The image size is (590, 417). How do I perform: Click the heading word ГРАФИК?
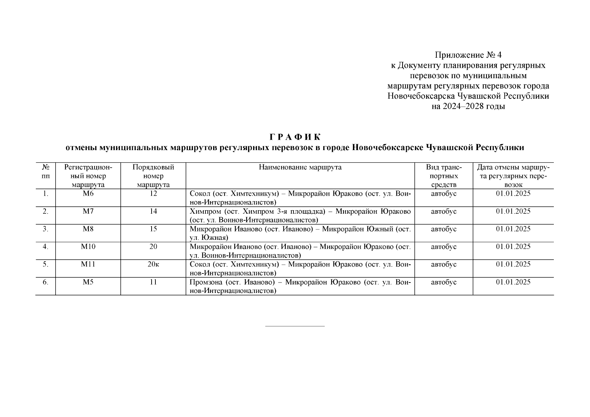click(x=295, y=137)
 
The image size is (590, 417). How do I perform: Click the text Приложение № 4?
click(x=468, y=55)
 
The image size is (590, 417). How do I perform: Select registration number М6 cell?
click(x=88, y=194)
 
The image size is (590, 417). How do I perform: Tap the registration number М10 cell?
click(x=88, y=247)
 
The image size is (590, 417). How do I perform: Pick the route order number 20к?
click(x=153, y=264)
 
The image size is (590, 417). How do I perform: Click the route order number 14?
click(x=153, y=211)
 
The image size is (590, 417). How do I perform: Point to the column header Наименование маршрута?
click(x=300, y=167)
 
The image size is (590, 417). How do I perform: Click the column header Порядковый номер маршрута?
click(x=153, y=176)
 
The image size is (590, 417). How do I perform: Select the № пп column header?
click(x=45, y=172)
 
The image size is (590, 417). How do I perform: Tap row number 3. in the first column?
click(x=45, y=229)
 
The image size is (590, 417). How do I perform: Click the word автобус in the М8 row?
click(x=444, y=229)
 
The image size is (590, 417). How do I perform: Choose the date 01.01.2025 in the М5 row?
click(x=513, y=282)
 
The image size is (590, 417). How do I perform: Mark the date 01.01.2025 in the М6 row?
click(x=513, y=194)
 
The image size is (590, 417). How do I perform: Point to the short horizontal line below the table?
click(x=295, y=326)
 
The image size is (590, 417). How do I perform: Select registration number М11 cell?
click(x=88, y=264)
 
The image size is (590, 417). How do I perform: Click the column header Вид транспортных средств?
click(x=444, y=176)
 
